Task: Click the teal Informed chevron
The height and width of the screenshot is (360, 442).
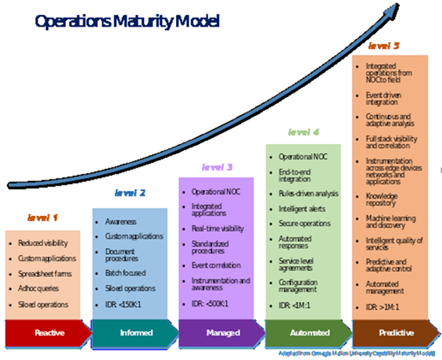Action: tap(130, 332)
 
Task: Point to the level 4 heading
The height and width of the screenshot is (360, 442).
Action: tap(304, 132)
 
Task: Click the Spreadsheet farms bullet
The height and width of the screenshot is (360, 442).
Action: tap(48, 275)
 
